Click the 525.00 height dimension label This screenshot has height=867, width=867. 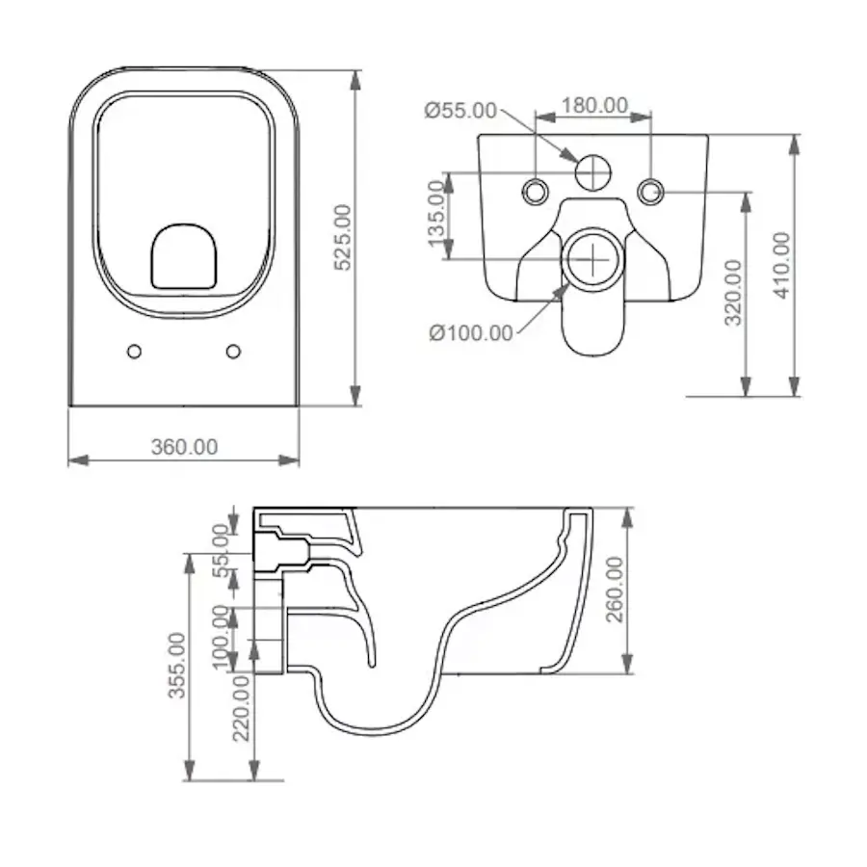(343, 238)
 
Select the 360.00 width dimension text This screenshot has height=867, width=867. (185, 447)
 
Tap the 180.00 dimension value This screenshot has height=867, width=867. (595, 105)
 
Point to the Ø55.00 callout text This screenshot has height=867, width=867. (460, 111)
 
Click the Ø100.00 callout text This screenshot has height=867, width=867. (471, 333)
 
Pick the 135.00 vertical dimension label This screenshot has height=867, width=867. (436, 213)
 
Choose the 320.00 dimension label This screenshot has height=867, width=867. (733, 293)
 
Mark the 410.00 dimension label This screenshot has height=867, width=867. (782, 266)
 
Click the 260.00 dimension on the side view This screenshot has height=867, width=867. (615, 590)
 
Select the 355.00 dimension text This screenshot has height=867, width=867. (177, 666)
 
